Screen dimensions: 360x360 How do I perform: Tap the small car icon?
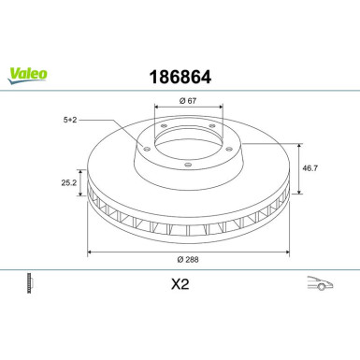(x=319, y=285)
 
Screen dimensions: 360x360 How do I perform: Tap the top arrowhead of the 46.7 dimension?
(x=298, y=145)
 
